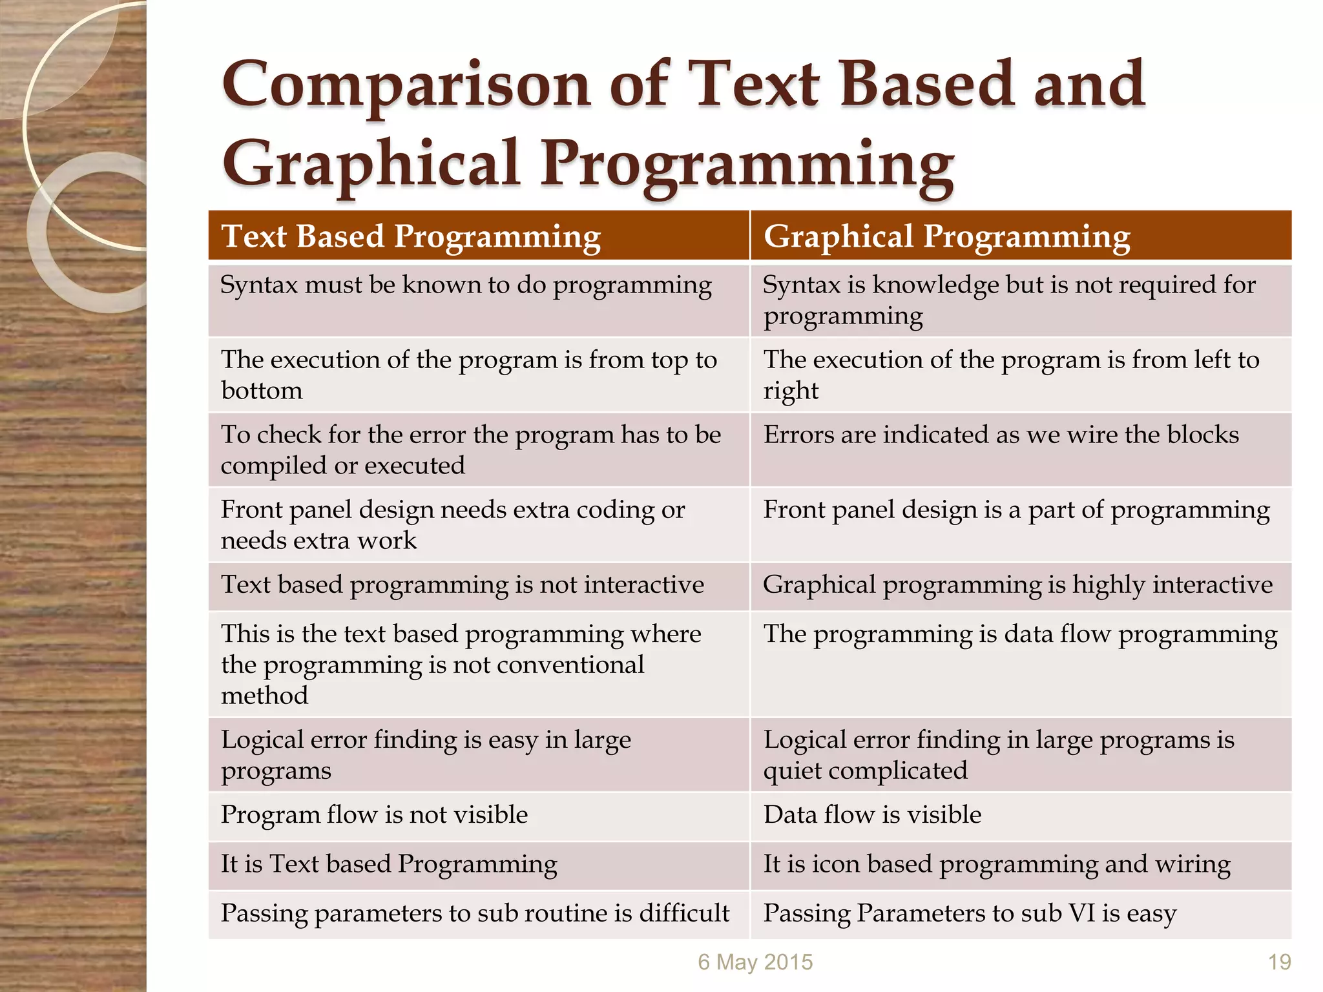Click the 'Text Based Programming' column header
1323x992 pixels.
click(x=411, y=236)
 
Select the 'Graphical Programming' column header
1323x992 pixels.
click(x=946, y=236)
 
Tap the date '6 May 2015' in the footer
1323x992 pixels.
click(x=755, y=962)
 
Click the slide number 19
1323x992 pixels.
click(x=1279, y=962)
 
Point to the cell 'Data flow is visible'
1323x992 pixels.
click(x=872, y=815)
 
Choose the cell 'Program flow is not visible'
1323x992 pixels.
click(x=374, y=815)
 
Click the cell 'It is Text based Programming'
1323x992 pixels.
click(x=389, y=864)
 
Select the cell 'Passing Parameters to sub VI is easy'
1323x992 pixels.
click(x=970, y=913)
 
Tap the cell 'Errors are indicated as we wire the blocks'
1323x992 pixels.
click(x=1001, y=435)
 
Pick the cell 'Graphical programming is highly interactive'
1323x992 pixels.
click(x=1017, y=585)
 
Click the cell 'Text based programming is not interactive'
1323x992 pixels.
click(x=462, y=585)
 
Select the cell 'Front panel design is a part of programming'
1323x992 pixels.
click(x=1016, y=510)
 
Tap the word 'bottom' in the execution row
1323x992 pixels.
click(x=262, y=391)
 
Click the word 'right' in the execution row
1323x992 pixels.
click(x=791, y=391)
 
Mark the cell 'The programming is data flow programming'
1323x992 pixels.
click(x=1020, y=634)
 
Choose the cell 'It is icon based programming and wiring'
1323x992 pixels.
click(x=997, y=864)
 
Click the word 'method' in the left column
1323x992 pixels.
click(x=264, y=696)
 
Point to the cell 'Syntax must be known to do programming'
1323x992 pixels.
click(x=466, y=285)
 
